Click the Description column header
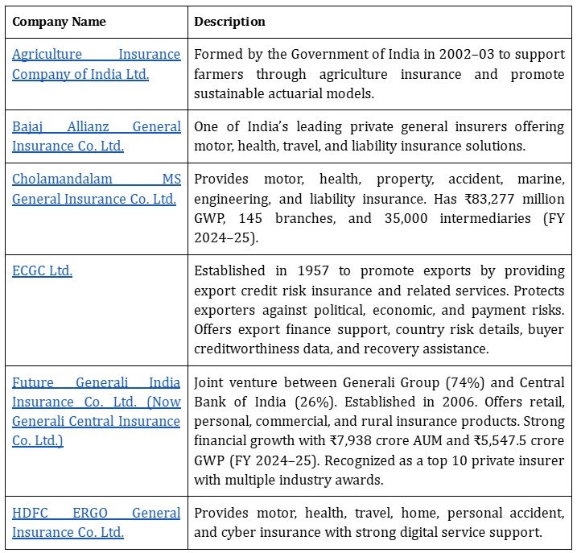click(230, 22)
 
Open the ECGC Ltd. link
click(42, 270)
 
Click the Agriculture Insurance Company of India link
click(96, 64)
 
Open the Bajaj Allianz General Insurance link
click(96, 136)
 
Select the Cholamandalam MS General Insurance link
click(96, 188)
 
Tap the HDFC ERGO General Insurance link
click(96, 522)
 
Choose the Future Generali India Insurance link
click(96, 411)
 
